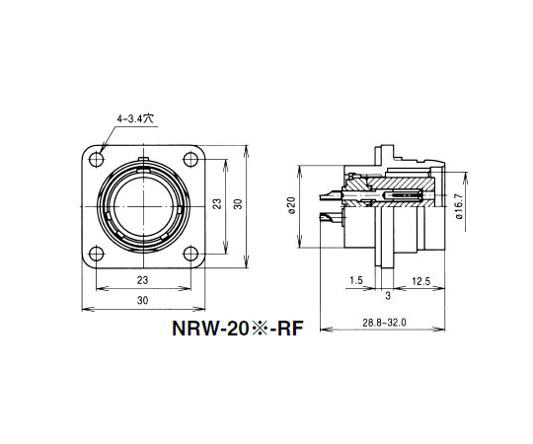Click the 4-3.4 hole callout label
135,118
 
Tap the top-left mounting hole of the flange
96,159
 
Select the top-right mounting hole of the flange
190,159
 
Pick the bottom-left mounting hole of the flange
96,254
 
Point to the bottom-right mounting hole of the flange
190,254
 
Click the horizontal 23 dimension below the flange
143,280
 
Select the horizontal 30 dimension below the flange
143,300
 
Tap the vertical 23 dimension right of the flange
218,203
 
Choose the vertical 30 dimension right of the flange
239,204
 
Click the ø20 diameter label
292,205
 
